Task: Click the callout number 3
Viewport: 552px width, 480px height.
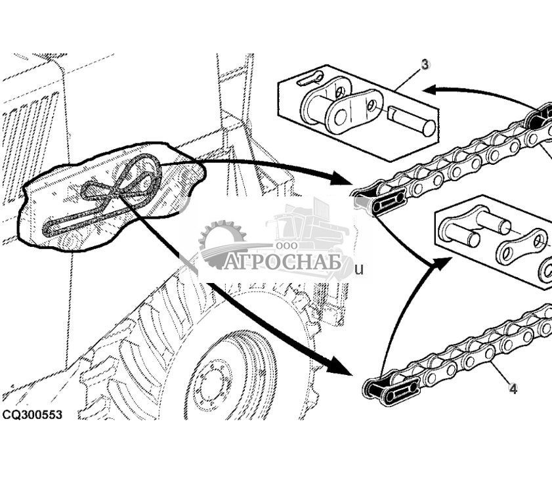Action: pos(425,64)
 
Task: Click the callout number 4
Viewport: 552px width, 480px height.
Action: pos(513,389)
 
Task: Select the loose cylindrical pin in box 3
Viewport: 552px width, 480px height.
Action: pos(412,120)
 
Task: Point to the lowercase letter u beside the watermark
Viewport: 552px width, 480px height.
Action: pos(358,269)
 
